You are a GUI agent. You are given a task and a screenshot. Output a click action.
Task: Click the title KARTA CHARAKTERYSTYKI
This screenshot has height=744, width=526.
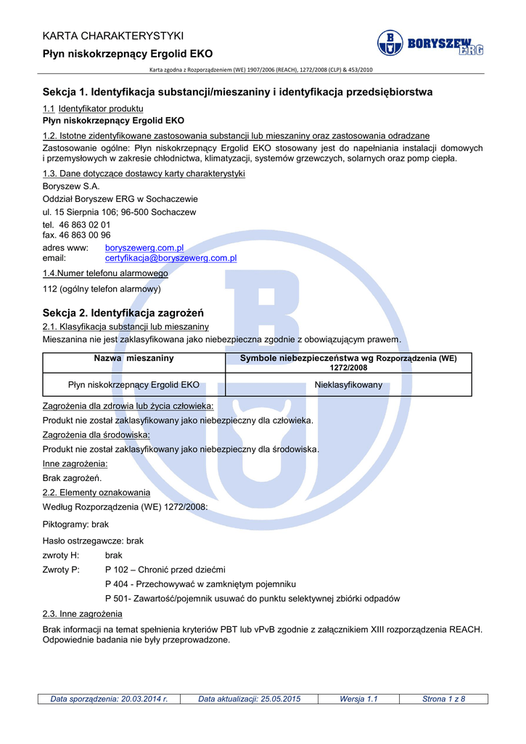[113, 36]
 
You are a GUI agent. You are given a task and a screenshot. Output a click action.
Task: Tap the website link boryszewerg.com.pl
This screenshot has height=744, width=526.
[144, 248]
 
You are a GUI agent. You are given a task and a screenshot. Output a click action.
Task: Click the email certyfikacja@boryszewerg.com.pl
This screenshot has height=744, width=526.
[171, 258]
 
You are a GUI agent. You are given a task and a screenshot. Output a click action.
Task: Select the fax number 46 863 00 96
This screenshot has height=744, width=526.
[85, 235]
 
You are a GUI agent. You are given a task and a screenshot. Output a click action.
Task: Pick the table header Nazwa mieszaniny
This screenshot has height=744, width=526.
[134, 358]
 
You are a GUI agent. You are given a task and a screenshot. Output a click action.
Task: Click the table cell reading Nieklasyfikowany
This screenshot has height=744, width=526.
[348, 385]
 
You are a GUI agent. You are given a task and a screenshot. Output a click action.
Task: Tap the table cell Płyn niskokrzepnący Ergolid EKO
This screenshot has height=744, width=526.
[133, 385]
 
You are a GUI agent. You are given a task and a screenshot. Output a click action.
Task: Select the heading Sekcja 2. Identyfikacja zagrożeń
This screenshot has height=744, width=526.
[123, 313]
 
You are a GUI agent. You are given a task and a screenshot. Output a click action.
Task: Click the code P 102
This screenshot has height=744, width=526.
[118, 570]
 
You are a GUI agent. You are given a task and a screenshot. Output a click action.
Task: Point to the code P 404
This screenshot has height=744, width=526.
[118, 584]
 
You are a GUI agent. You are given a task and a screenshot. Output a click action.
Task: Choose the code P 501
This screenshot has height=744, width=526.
[118, 599]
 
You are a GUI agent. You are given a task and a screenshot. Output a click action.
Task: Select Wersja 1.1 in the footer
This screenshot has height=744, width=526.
[358, 699]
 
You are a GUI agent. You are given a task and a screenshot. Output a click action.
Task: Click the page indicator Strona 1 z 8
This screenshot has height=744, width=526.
[443, 699]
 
